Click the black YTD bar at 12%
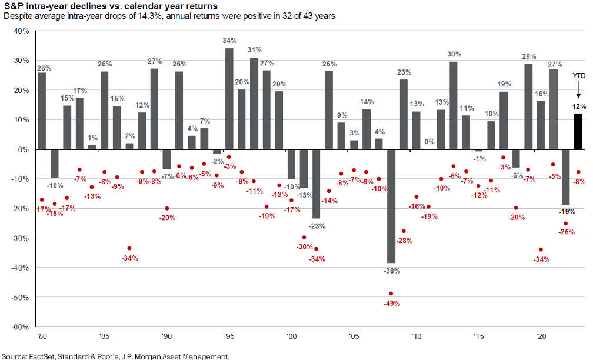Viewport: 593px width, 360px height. pos(579,131)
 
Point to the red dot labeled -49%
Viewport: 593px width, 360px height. pos(391,293)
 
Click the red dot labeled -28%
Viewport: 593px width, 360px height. pos(404,231)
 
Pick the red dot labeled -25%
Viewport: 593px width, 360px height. pos(566,224)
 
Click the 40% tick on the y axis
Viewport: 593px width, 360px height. pos(21,31)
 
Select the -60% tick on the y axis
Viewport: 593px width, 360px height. pos(20,326)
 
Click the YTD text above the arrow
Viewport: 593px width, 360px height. pos(579,76)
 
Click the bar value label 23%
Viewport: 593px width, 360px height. pos(404,73)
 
